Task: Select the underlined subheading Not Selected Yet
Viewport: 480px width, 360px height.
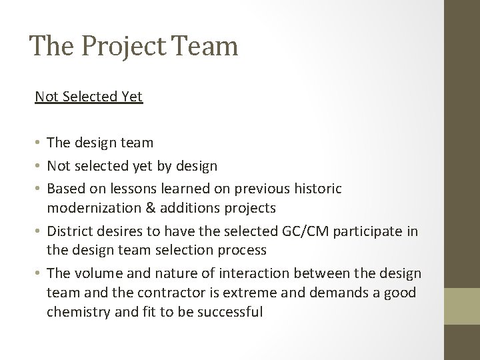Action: pos(89,97)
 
